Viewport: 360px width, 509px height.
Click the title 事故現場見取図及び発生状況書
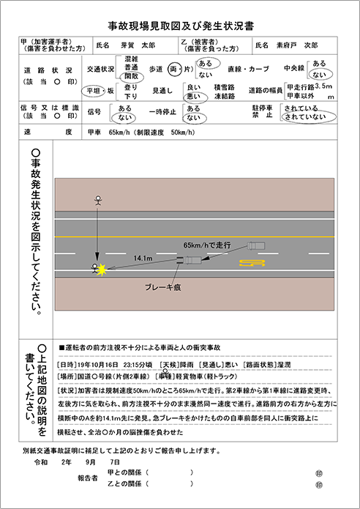coord(180,25)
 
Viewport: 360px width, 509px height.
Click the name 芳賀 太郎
coord(138,45)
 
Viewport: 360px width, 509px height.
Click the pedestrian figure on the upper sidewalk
coord(96,199)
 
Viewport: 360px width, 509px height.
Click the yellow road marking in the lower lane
coord(251,262)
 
